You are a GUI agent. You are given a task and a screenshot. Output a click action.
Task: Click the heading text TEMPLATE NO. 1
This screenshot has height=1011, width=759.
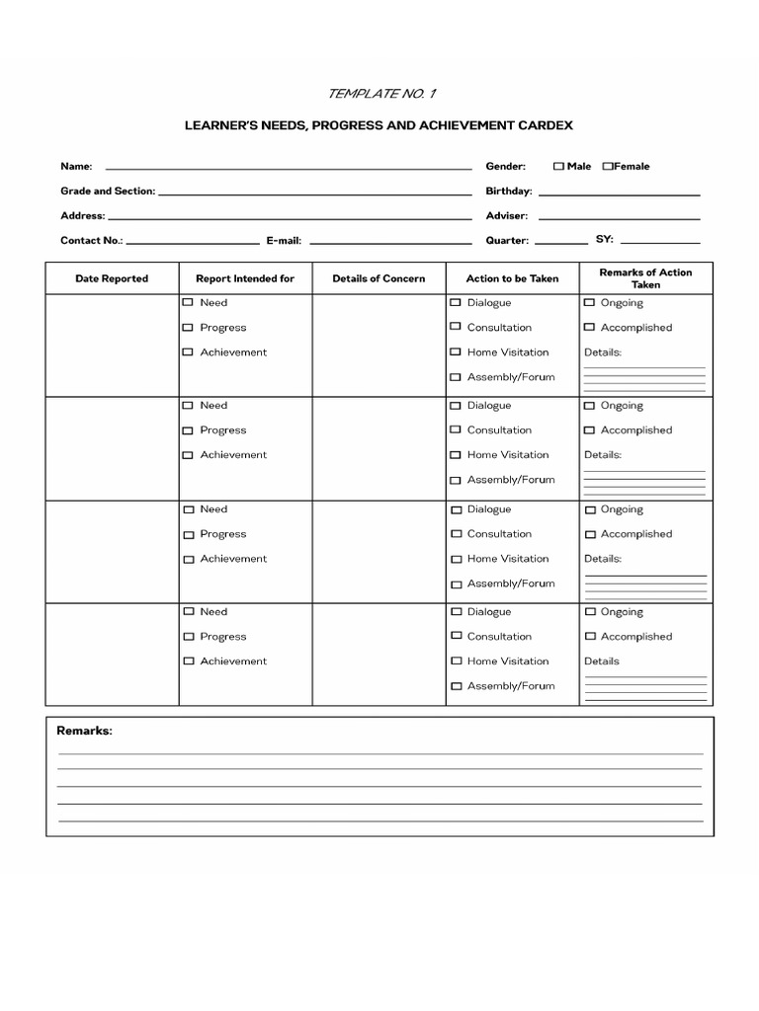point(379,94)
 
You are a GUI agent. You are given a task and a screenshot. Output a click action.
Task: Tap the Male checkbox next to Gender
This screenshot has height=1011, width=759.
point(558,167)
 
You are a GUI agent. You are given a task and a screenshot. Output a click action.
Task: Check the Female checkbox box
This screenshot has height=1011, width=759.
point(608,167)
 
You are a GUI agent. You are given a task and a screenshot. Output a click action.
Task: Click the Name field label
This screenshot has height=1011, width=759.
point(76,167)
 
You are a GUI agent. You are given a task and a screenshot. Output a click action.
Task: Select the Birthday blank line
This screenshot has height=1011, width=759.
point(619,193)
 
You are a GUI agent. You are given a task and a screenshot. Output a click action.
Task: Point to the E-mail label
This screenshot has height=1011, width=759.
point(284,240)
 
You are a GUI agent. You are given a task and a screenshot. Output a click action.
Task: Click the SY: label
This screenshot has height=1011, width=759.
point(604,239)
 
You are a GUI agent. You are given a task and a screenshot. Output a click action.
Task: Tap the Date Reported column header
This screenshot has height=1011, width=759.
point(112,278)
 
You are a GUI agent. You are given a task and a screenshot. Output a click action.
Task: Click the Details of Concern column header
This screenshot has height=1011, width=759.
point(379,278)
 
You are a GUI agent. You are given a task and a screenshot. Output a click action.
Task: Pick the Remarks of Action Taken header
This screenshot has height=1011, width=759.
point(645,278)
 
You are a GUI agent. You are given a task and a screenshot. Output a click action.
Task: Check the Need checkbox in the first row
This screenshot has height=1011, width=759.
point(188,303)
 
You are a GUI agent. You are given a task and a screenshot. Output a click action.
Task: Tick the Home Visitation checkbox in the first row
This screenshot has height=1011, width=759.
point(456,352)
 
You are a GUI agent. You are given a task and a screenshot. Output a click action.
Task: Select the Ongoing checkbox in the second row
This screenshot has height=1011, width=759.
point(589,406)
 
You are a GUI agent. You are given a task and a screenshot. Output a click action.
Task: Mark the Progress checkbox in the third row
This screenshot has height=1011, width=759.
point(188,534)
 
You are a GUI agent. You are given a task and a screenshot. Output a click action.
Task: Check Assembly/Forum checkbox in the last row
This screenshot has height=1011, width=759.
point(456,686)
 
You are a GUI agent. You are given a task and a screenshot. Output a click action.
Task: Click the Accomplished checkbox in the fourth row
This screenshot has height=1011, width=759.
point(589,637)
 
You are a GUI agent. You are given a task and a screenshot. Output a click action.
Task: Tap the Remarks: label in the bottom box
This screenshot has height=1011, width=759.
point(84,731)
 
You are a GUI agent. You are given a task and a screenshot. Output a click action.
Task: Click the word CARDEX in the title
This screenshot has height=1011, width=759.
point(543,126)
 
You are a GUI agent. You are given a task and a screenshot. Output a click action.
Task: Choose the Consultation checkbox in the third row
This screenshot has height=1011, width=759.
point(456,534)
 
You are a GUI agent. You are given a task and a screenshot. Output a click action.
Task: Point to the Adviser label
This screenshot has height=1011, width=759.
point(506,215)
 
